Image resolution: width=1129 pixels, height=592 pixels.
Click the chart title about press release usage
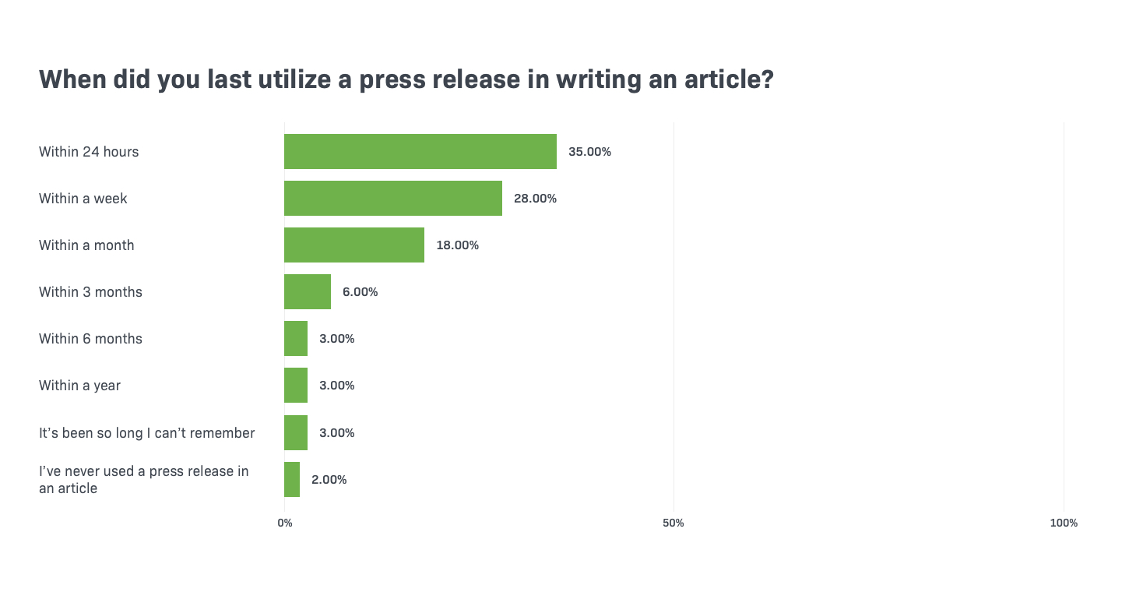click(406, 79)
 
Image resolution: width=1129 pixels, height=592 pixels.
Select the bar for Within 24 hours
click(420, 151)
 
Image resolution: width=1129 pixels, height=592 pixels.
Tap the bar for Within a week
click(393, 198)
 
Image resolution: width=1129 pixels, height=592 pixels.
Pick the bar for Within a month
click(354, 245)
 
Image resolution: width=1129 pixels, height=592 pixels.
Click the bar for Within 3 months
click(308, 291)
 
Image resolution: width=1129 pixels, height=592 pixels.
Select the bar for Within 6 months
click(296, 338)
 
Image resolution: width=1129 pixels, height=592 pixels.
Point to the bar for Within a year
click(296, 385)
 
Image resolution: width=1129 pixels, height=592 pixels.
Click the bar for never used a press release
click(292, 479)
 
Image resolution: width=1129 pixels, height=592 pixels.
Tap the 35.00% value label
click(589, 152)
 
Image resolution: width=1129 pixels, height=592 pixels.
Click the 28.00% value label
click(535, 199)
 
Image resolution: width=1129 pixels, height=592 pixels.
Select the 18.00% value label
click(457, 245)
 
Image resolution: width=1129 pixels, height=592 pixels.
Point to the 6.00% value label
click(360, 292)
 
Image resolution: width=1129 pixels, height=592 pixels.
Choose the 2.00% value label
click(329, 480)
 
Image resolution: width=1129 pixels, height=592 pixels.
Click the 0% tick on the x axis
click(285, 523)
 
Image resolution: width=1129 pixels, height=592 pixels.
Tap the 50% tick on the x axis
click(674, 523)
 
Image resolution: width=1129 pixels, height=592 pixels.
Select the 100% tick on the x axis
click(1064, 523)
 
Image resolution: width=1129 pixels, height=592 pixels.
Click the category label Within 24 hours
click(89, 152)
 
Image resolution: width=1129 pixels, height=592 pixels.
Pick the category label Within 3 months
click(90, 292)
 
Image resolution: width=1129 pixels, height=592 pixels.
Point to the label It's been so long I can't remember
click(146, 433)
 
